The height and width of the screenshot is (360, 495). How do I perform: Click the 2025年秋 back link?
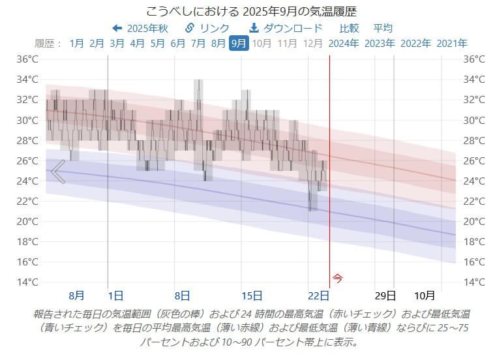140,28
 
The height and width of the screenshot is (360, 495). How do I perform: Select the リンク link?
207,28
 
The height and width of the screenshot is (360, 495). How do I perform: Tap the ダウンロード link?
286,28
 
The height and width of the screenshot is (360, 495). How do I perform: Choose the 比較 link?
349,28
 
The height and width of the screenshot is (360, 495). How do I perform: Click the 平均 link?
383,28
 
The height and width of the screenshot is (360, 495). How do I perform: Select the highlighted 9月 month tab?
239,44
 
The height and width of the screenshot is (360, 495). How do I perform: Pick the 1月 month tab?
77,44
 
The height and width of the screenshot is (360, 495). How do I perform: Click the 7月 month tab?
198,44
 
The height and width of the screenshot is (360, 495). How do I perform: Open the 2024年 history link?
344,44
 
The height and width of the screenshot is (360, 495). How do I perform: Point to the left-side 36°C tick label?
27,59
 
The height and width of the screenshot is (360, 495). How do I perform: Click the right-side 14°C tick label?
474,282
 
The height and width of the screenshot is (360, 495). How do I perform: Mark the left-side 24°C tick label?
27,181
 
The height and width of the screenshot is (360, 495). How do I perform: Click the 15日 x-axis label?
251,295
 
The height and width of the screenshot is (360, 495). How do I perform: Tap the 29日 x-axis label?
386,295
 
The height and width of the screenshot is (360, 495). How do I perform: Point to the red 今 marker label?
337,277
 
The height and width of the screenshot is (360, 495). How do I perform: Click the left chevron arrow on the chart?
58,172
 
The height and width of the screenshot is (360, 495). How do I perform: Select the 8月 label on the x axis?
76,295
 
